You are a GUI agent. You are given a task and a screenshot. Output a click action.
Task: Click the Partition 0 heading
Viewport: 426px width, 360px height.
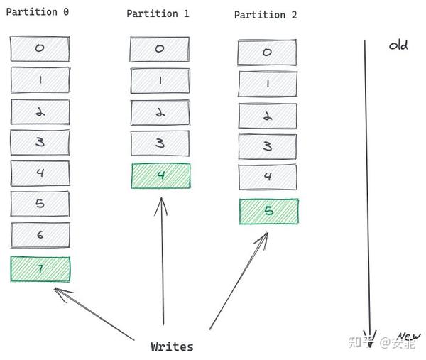pyautogui.click(x=37, y=12)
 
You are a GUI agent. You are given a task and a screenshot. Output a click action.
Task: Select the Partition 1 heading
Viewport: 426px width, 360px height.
pyautogui.click(x=158, y=13)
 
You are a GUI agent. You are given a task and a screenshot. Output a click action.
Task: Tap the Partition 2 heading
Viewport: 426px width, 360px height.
pyautogui.click(x=266, y=15)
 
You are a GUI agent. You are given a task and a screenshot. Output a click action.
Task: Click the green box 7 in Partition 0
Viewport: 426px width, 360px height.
pyautogui.click(x=40, y=269)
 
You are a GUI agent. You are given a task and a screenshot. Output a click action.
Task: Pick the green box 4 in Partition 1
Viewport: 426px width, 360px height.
pyautogui.click(x=160, y=175)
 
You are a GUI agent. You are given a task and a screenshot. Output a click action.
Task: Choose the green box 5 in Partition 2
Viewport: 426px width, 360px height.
pyautogui.click(x=268, y=211)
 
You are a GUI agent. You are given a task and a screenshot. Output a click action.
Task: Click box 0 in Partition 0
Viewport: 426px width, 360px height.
pyautogui.click(x=40, y=48)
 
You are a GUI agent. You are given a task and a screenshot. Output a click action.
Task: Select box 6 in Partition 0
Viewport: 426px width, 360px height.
pyautogui.click(x=40, y=235)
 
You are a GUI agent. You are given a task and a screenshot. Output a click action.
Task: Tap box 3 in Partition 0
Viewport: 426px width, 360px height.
pyautogui.click(x=40, y=142)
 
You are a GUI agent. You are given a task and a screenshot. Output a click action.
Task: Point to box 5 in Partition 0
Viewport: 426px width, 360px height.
pyautogui.click(x=40, y=204)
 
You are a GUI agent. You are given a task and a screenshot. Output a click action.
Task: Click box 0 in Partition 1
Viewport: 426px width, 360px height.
pyautogui.click(x=160, y=49)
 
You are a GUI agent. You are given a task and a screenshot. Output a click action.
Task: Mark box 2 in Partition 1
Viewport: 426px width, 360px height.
pyautogui.click(x=160, y=112)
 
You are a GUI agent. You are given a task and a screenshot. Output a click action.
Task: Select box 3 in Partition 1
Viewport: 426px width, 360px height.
pyautogui.click(x=160, y=143)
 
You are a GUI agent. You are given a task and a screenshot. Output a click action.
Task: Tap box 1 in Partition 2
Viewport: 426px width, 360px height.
pyautogui.click(x=268, y=84)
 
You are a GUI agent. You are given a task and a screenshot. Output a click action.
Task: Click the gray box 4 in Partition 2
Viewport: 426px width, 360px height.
pyautogui.click(x=268, y=177)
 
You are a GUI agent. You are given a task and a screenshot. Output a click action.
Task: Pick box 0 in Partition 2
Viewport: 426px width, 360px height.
pyautogui.click(x=267, y=53)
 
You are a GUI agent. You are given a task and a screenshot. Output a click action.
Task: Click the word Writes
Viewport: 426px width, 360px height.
pyautogui.click(x=172, y=347)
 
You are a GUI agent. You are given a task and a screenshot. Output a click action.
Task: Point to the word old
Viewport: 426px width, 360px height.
pyautogui.click(x=398, y=45)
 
